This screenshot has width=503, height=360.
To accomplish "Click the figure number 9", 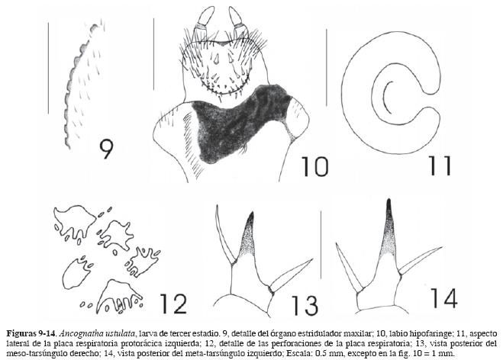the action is click(107, 149).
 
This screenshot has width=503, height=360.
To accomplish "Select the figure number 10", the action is click(314, 167).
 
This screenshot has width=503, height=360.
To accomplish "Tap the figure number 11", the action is click(439, 166).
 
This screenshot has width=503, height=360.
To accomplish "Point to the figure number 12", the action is click(173, 304).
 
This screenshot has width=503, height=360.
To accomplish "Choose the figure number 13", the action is click(305, 306).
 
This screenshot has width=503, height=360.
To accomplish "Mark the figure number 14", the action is click(443, 297).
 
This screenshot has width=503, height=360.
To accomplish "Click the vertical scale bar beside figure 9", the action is click(48, 68).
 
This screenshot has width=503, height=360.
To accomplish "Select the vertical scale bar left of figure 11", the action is click(327, 67).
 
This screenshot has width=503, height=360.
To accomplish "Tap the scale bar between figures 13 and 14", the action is click(321, 245).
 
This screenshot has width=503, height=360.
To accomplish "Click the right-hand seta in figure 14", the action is click(421, 260).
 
